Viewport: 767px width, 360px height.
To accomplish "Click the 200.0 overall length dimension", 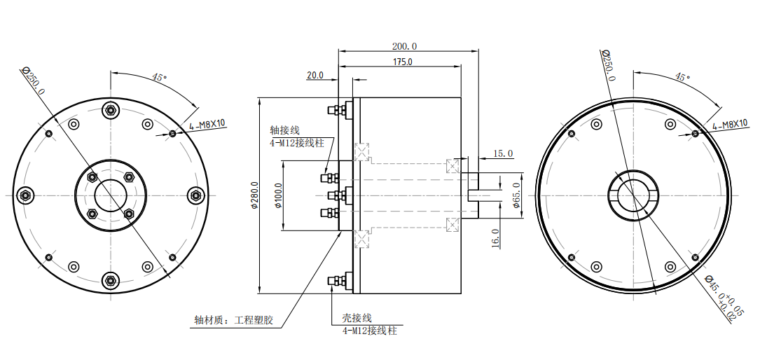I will [404, 46].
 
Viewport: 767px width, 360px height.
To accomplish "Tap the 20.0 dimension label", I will [315, 75].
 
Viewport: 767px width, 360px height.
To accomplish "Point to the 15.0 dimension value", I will [503, 153].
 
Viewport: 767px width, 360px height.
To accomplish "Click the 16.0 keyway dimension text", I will [495, 238].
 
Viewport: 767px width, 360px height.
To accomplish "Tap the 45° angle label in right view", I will [682, 76].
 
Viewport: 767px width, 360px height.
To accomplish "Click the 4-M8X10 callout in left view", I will [207, 125].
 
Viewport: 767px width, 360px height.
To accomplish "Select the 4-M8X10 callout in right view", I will [730, 124].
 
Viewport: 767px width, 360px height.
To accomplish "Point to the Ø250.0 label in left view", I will [33, 81].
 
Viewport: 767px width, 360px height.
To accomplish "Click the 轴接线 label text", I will [285, 130].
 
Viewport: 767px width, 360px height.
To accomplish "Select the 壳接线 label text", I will [356, 318].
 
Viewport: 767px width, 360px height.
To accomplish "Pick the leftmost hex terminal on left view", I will [25, 195].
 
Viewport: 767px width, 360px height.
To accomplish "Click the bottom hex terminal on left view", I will [110, 281].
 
